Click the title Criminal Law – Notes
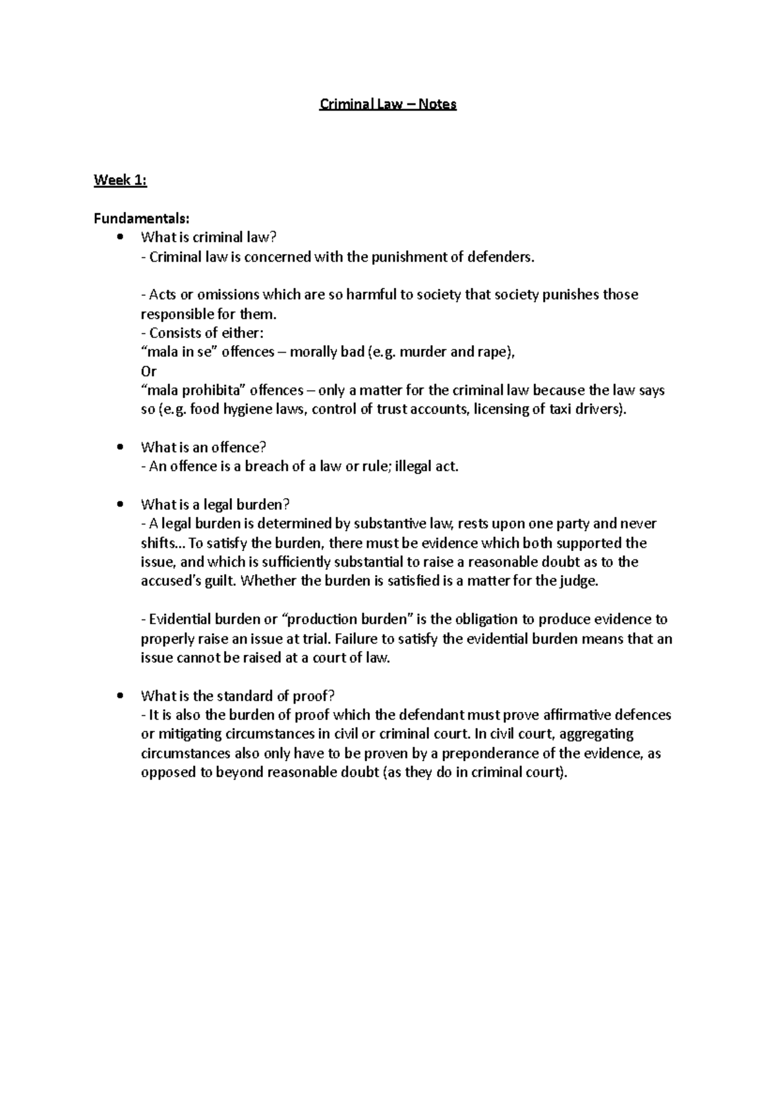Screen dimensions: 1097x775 [387, 104]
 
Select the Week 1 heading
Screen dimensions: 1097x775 [120, 181]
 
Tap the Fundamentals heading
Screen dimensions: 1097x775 [142, 218]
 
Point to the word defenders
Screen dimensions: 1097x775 [501, 257]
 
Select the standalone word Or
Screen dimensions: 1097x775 [149, 371]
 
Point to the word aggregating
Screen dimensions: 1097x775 [597, 734]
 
